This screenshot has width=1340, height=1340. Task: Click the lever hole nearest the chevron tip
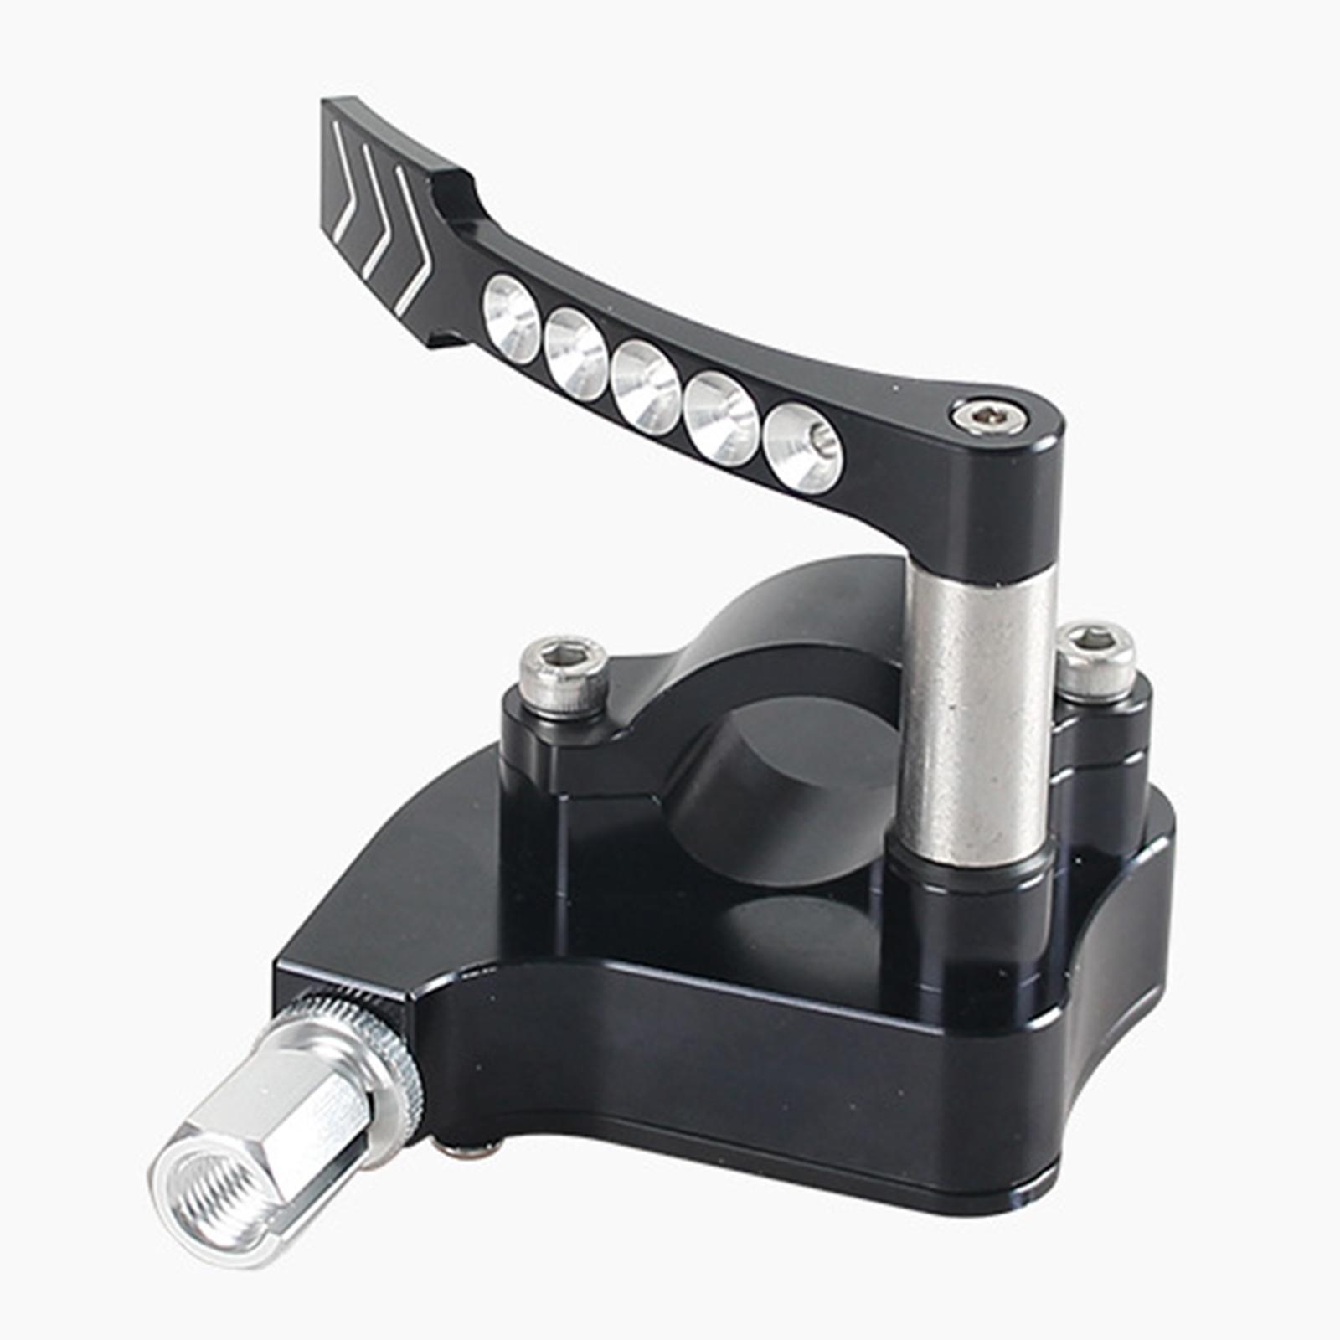coord(511,319)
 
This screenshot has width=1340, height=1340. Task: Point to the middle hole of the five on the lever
coord(645,385)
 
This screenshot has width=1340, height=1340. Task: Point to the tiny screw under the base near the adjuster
coord(473,1151)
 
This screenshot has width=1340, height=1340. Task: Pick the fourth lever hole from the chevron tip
coord(720,416)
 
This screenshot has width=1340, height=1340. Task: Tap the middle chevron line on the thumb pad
coord(377,209)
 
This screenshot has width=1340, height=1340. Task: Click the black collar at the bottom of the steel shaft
coord(971,875)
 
